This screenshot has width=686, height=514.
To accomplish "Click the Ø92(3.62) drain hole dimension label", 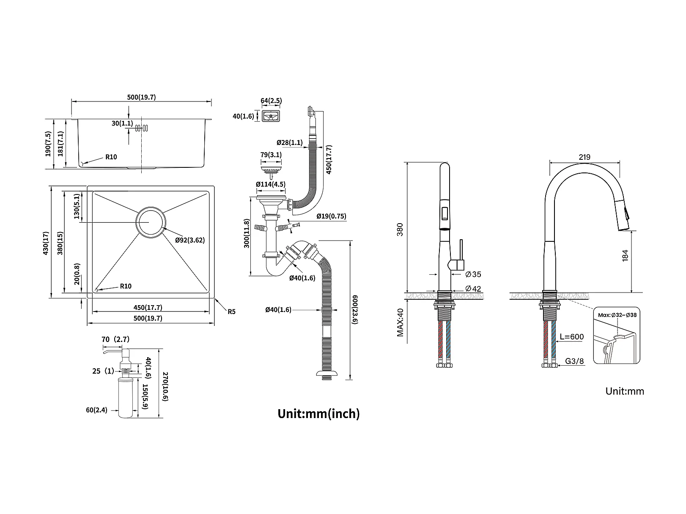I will pyautogui.click(x=190, y=240).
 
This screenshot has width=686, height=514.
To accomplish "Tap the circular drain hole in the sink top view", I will pyautogui.click(x=149, y=222).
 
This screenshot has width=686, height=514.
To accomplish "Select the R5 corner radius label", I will pyautogui.click(x=231, y=312).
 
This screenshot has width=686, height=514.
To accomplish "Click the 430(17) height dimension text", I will pyautogui.click(x=46, y=243).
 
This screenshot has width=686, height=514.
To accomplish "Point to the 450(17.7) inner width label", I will pyautogui.click(x=148, y=308).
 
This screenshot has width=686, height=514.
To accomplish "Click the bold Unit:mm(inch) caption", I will pyautogui.click(x=318, y=413).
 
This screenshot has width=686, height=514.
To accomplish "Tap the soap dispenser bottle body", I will pyautogui.click(x=126, y=397).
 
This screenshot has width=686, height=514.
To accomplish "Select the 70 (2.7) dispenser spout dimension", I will pyautogui.click(x=115, y=339).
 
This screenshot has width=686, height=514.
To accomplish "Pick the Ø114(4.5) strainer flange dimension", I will pyautogui.click(x=271, y=184).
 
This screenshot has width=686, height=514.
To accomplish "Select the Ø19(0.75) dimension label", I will pyautogui.click(x=331, y=216).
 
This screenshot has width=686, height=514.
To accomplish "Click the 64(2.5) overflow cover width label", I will pyautogui.click(x=271, y=101).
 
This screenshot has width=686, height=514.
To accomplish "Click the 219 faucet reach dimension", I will pyautogui.click(x=584, y=157).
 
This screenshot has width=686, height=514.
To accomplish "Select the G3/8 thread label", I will pyautogui.click(x=574, y=361).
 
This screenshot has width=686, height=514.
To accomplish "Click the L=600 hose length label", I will pyautogui.click(x=571, y=337).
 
